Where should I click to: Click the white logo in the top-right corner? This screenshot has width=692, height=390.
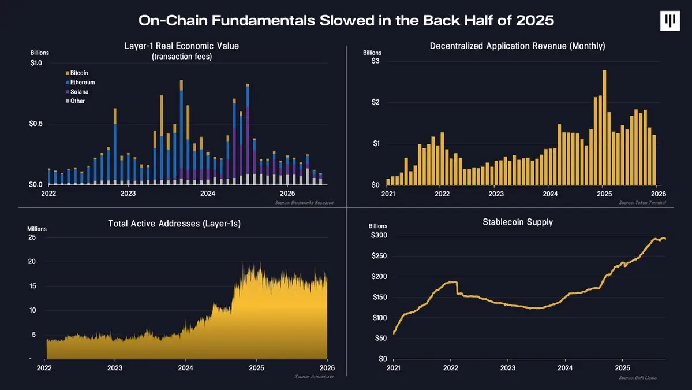tap(670, 20)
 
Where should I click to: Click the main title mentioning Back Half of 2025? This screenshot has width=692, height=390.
tap(346, 20)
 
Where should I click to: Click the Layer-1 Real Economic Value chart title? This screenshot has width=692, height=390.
tap(181, 46)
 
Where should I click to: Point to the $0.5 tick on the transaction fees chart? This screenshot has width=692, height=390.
tap(35, 124)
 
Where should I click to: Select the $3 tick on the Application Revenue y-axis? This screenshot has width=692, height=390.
tap(375, 61)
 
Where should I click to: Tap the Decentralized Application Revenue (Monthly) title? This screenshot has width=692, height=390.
tap(517, 46)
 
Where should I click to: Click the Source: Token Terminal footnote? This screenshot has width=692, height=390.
tap(642, 203)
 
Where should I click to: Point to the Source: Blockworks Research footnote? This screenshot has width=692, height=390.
tap(305, 203)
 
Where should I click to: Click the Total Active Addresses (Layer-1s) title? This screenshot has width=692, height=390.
tap(174, 224)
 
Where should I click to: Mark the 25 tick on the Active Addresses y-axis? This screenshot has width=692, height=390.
tap(32, 237)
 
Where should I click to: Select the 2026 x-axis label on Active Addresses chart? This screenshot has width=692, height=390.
tap(327, 368)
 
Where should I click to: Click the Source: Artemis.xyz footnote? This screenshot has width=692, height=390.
tap(313, 377)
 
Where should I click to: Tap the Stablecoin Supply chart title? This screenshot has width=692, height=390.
tap(517, 222)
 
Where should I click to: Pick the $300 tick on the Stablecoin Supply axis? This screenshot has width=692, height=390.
tap(379, 236)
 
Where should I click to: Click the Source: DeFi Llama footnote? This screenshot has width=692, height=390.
tap(637, 377)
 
